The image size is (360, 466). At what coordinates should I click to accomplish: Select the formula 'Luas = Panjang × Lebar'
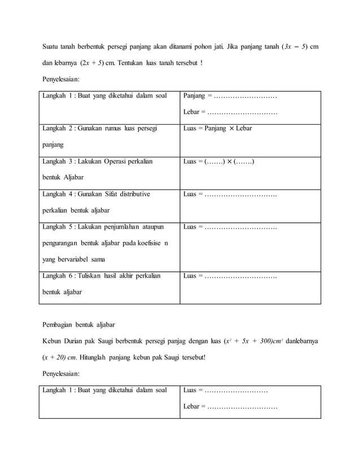click(218, 129)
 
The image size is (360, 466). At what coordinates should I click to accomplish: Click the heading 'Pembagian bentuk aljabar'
click(80, 325)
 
